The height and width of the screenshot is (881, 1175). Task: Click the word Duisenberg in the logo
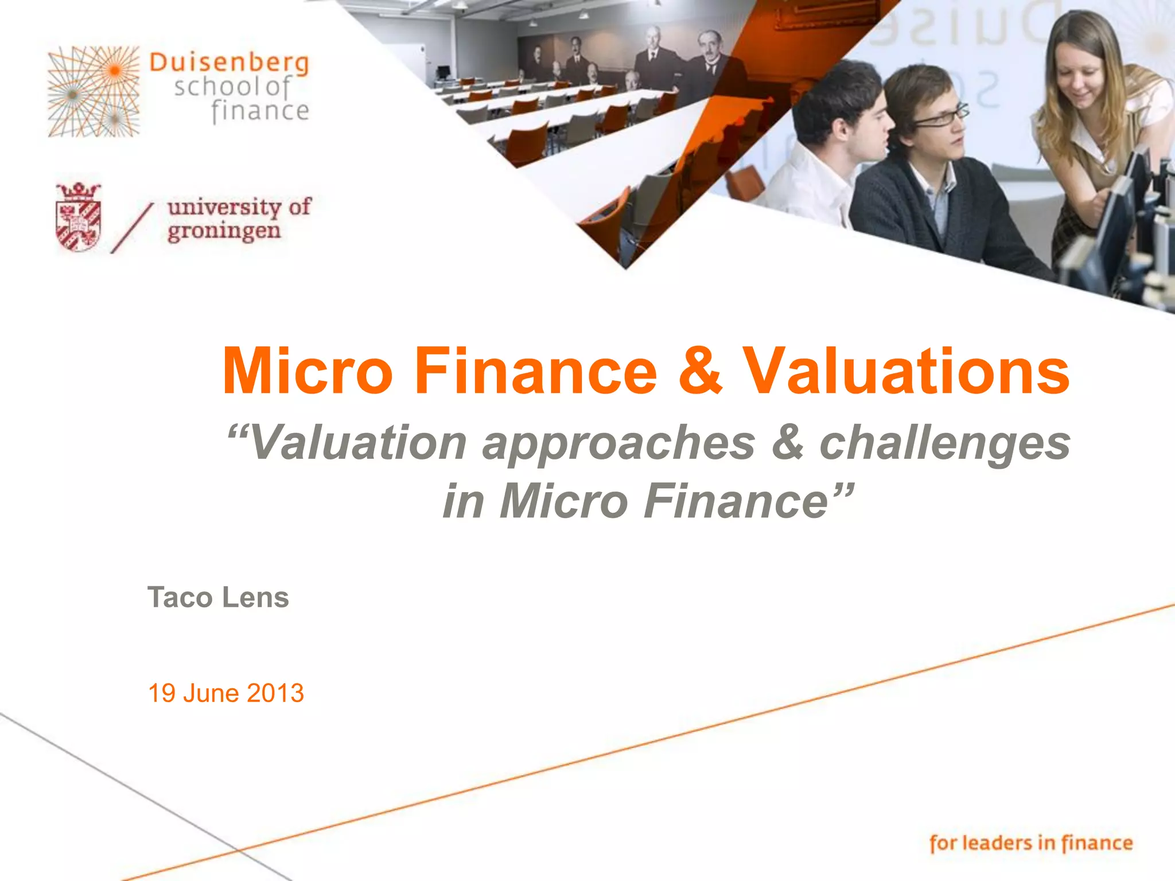pyautogui.click(x=229, y=64)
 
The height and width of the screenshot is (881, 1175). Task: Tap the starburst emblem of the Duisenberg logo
pyautogui.click(x=94, y=92)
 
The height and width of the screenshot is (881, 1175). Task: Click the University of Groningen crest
pyautogui.click(x=79, y=217)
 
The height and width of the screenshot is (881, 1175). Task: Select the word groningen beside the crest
pyautogui.click(x=224, y=232)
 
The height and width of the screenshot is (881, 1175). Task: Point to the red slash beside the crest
pyautogui.click(x=132, y=228)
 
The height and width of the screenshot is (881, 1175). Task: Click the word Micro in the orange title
pyautogui.click(x=308, y=371)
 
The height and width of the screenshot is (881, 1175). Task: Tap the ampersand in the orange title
pyautogui.click(x=699, y=371)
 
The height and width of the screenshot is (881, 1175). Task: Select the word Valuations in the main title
pyautogui.click(x=906, y=371)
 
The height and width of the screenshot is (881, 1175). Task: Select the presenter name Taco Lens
pyautogui.click(x=218, y=597)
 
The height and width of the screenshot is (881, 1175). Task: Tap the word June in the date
pyautogui.click(x=211, y=693)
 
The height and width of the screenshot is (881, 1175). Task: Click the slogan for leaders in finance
pyautogui.click(x=1031, y=843)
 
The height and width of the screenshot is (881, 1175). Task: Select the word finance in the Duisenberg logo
pyautogui.click(x=260, y=111)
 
